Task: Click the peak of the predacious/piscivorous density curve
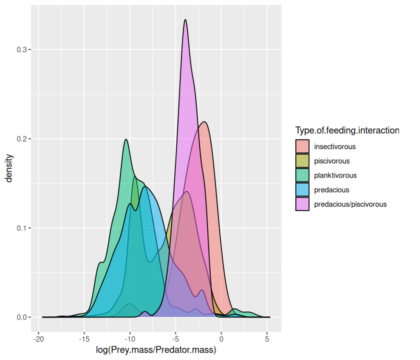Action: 185,20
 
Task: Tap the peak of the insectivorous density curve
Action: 204,122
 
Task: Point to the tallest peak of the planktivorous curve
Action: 126,139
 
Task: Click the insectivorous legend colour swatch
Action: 302,146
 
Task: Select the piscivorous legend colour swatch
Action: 302,161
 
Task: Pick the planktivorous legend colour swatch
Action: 302,175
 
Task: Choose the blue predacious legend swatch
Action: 302,190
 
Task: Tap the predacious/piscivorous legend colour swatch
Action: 302,204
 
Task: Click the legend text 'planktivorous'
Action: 335,175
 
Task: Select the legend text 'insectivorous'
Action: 334,146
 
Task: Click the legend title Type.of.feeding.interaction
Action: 347,130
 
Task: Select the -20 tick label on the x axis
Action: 38,339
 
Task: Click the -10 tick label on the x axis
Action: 130,339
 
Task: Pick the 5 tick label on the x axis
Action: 267,339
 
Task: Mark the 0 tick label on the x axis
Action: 221,339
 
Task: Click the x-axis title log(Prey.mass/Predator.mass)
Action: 155,350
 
